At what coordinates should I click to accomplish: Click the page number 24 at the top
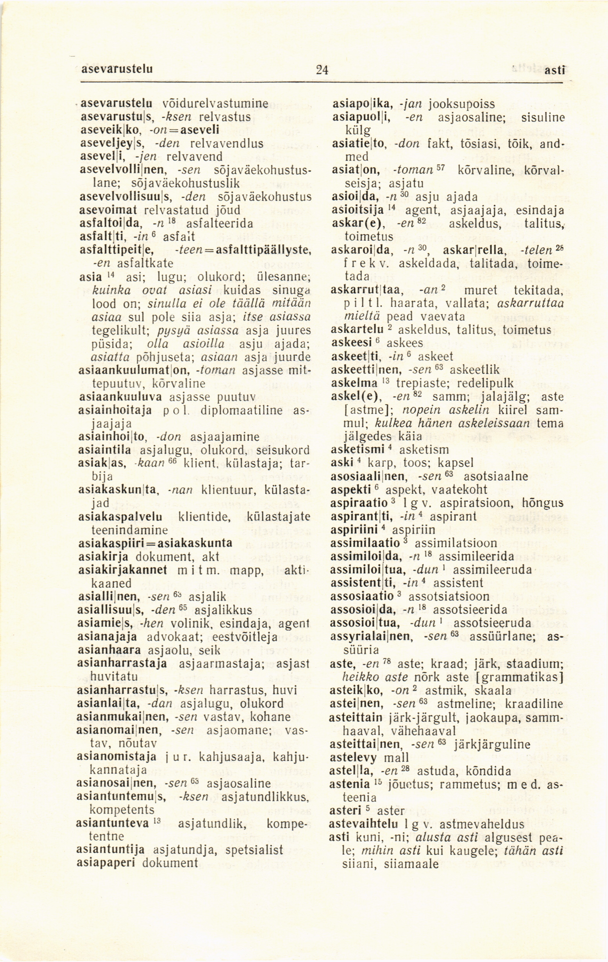[x=321, y=70]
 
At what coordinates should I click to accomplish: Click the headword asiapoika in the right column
[x=364, y=105]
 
